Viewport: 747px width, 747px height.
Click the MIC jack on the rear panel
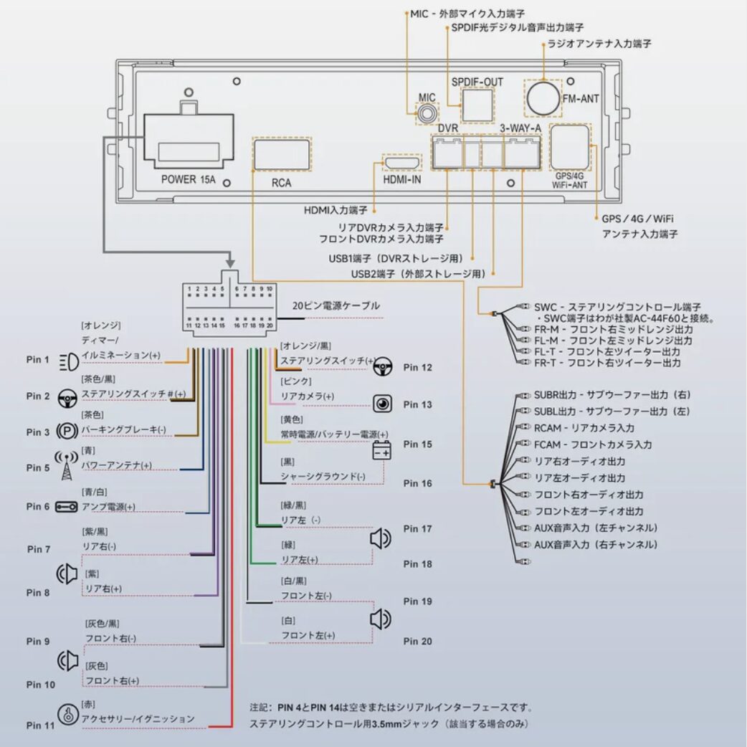pos(428,113)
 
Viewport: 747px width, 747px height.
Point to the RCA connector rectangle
pos(282,154)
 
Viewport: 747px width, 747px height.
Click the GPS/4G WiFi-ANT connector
pos(570,146)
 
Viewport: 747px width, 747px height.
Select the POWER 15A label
pos(188,179)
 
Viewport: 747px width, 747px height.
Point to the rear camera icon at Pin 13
pos(382,404)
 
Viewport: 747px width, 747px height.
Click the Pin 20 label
pos(417,641)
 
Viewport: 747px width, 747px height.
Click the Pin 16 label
pos(417,483)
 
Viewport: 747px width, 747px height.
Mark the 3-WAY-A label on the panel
pos(520,128)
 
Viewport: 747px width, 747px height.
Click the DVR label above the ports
pos(447,128)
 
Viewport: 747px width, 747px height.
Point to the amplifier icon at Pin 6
pos(67,506)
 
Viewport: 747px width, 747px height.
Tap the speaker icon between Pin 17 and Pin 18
pos(380,538)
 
